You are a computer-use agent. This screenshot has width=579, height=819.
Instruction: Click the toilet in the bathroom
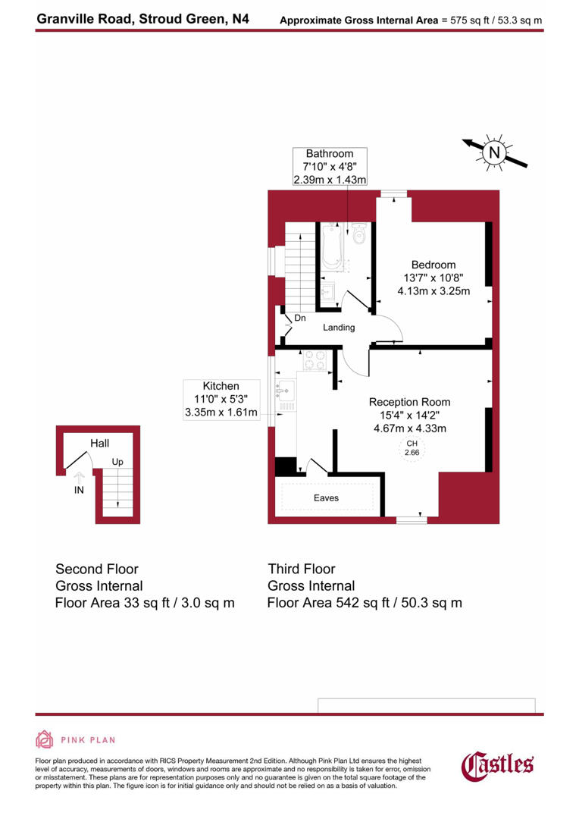point(359,235)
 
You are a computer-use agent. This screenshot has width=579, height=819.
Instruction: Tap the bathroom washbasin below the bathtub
point(328,291)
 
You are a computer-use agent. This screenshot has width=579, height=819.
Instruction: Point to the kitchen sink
point(286,391)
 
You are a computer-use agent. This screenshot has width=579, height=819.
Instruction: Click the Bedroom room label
point(434,265)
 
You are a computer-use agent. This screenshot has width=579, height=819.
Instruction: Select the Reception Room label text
point(409,402)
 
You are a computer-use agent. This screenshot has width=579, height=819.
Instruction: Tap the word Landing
point(339,328)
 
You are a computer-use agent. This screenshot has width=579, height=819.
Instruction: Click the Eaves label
point(327,498)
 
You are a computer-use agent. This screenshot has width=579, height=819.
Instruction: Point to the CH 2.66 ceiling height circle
point(412,448)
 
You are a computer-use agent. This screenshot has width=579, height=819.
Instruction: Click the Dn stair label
point(300,318)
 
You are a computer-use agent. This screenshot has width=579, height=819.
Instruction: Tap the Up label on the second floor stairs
point(117,461)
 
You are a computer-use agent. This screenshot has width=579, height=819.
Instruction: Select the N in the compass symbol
point(494,152)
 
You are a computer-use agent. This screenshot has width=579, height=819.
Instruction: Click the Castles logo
point(498,764)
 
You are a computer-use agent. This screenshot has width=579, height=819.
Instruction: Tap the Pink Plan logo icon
point(45,739)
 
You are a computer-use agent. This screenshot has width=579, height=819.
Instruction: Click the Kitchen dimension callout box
point(221,400)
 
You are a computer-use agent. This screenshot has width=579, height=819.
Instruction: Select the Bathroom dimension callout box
point(330,167)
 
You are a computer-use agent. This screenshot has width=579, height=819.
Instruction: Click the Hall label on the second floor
point(99,443)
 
